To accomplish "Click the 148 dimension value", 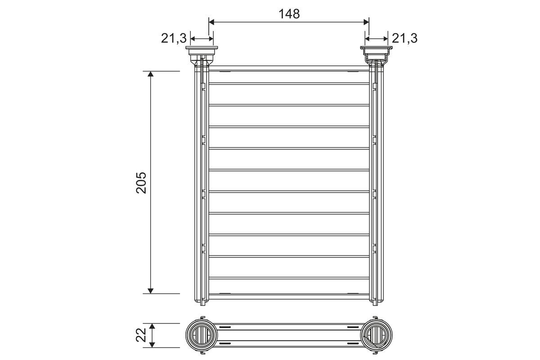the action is tap(289, 14).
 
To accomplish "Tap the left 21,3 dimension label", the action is tap(174, 38).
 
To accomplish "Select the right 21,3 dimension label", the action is tap(405, 38).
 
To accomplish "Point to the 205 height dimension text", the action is tap(141, 183).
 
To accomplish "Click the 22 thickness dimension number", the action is tap(141, 335).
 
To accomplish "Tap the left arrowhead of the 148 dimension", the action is tap(211, 22).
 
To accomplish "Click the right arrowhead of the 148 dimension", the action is tap(366, 22).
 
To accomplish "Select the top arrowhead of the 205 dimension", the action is tap(150, 74).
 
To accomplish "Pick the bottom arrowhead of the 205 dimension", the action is tap(150, 291).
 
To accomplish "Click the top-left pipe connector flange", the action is tap(202, 48).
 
